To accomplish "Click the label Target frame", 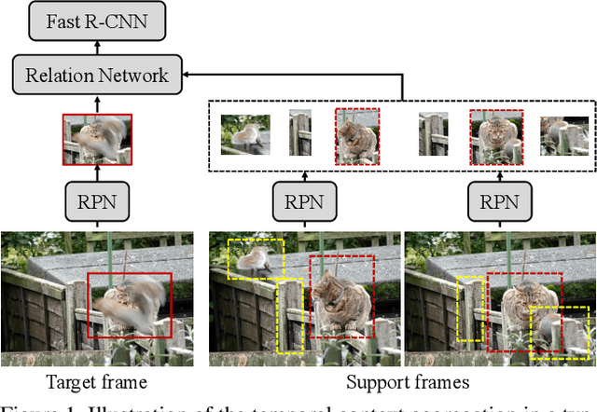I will [x=97, y=381].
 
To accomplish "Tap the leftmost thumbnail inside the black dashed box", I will [x=245, y=133].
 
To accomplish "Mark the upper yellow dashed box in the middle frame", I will [x=256, y=257].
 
